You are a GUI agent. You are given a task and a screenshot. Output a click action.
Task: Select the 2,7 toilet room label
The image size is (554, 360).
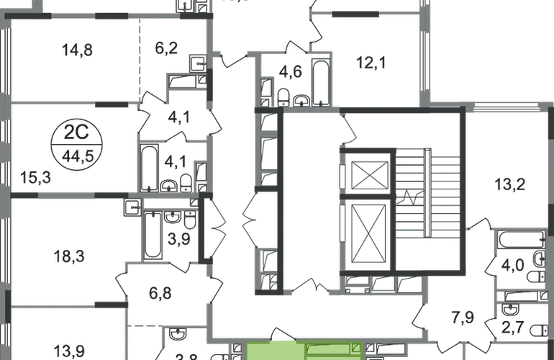[x=512, y=330]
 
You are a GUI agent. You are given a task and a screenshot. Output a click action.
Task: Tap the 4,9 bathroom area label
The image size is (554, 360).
[x=294, y=72]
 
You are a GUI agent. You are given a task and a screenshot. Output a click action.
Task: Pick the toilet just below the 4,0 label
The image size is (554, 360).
[x=533, y=277]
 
